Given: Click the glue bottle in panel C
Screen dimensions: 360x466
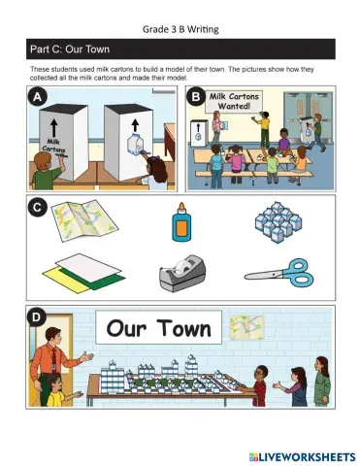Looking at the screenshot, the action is [x=181, y=222].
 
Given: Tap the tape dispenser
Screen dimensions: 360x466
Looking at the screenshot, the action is [x=182, y=273].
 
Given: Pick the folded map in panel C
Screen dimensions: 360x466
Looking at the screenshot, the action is [x=84, y=220].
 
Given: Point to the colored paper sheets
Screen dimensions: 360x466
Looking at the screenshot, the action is [x=83, y=274].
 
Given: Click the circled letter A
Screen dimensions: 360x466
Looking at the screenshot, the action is [x=38, y=97].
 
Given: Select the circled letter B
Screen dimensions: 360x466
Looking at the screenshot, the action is [x=196, y=97].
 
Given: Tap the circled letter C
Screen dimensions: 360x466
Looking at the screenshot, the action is [x=38, y=207].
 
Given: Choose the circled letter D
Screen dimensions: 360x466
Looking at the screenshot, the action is [x=36, y=316].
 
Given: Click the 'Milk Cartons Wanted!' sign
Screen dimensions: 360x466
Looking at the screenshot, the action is [x=234, y=101].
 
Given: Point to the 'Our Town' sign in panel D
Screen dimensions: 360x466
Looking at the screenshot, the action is [x=159, y=327].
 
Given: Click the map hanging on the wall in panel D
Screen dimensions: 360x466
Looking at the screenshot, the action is [x=246, y=328].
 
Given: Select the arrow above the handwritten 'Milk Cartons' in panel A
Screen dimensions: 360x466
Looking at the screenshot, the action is [x=53, y=127].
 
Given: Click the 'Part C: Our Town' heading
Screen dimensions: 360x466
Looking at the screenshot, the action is [x=70, y=50].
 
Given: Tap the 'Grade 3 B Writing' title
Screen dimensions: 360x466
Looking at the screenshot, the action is [x=180, y=29].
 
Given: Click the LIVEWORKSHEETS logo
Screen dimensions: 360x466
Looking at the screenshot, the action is [x=302, y=457].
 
